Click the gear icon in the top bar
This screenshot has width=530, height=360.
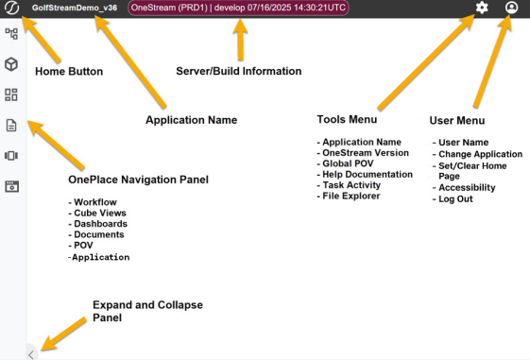coord(482,8)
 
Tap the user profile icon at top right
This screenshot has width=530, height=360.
coord(511,8)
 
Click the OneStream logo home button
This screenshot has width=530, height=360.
coord(12,8)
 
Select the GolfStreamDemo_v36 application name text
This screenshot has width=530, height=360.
coord(75,8)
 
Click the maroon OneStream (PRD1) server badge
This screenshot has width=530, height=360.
coord(238,8)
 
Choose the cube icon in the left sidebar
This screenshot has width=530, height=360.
coord(11,64)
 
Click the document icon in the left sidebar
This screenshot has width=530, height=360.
coord(11,126)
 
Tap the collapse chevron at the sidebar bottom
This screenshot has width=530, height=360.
coord(31,355)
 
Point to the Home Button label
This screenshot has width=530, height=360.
coord(69,71)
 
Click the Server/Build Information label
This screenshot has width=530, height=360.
coord(239,71)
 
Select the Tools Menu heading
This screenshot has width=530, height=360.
coord(347,119)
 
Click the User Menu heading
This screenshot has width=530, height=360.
coord(457,120)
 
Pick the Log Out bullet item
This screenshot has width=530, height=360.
coord(453,199)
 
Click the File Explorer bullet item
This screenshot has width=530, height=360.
coord(349,196)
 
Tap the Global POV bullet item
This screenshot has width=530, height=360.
coord(345,163)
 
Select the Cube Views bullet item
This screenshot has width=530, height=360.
coord(97,213)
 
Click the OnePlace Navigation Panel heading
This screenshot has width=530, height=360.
coord(138,180)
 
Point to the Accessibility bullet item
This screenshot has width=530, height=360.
coord(464,188)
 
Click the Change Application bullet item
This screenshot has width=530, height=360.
coord(477,154)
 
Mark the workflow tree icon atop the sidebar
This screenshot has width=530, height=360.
coord(11,34)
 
